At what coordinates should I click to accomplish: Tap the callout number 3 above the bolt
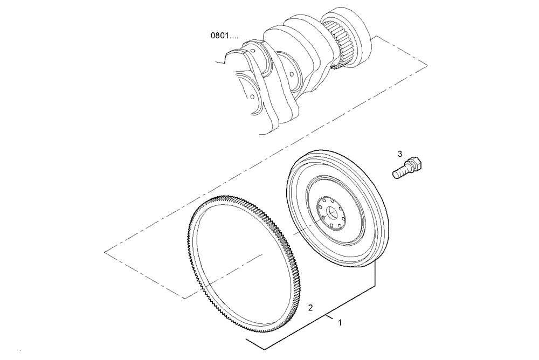(399, 154)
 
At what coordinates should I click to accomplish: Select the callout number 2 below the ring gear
(310, 308)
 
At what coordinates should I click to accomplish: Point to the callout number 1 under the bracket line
(340, 323)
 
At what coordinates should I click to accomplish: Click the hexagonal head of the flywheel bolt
(417, 162)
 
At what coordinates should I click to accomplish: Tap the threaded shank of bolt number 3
(399, 172)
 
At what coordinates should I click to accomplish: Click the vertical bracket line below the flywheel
(375, 275)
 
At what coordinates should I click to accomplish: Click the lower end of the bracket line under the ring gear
(247, 340)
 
